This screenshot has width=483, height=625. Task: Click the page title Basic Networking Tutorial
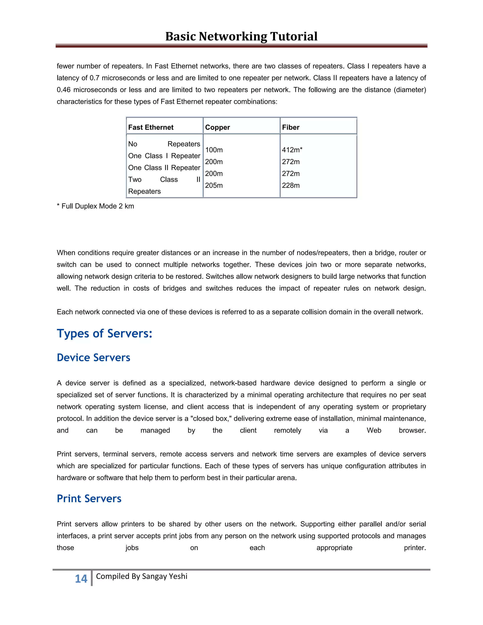(241, 36)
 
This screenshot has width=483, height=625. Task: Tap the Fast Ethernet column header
(151, 127)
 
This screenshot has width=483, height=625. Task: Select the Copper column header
(217, 127)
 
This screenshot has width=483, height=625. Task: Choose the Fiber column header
(291, 127)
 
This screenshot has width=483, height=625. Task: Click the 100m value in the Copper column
(214, 150)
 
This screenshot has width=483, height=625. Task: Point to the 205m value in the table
(214, 185)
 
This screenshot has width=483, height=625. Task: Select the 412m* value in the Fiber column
(292, 150)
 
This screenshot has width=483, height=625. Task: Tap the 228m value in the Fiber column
(291, 185)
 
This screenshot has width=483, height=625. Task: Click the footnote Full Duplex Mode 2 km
(95, 206)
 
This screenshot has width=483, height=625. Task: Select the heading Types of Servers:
(104, 334)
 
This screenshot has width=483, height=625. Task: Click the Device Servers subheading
(93, 358)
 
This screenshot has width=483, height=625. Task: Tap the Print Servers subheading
(89, 499)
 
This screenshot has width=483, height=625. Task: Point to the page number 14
(81, 579)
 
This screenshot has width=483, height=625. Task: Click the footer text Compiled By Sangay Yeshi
(142, 576)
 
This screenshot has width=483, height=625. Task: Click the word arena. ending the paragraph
(286, 478)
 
